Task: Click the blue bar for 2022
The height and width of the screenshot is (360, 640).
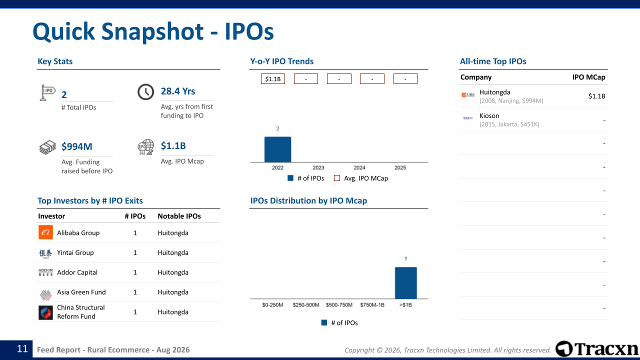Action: tap(277, 149)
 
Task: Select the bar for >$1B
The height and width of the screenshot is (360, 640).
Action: tap(405, 283)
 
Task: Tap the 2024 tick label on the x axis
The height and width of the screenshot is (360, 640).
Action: tap(359, 167)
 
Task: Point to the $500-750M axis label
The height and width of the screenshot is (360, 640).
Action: tap(339, 305)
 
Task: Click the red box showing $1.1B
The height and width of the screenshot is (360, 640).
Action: tap(273, 79)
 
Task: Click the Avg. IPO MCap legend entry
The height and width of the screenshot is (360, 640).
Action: tap(361, 178)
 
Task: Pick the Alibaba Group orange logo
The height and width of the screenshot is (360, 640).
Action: tap(45, 232)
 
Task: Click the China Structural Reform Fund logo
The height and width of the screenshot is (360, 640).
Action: tap(45, 312)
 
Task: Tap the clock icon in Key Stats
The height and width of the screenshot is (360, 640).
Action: tap(145, 91)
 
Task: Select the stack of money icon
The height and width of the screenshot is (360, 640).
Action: tap(47, 147)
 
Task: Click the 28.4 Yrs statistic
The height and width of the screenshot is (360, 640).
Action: tap(178, 91)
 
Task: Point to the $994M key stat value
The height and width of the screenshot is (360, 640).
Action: tap(77, 146)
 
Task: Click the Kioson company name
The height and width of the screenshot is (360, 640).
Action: tap(489, 115)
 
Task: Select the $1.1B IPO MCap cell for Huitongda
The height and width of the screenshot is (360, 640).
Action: tap(596, 96)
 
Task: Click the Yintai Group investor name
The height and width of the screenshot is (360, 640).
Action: tap(75, 252)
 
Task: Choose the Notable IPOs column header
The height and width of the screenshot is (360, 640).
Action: tap(179, 216)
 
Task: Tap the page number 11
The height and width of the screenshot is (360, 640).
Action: tap(22, 349)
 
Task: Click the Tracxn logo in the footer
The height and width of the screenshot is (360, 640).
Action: tap(596, 349)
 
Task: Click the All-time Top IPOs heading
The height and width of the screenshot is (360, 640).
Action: tap(493, 61)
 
